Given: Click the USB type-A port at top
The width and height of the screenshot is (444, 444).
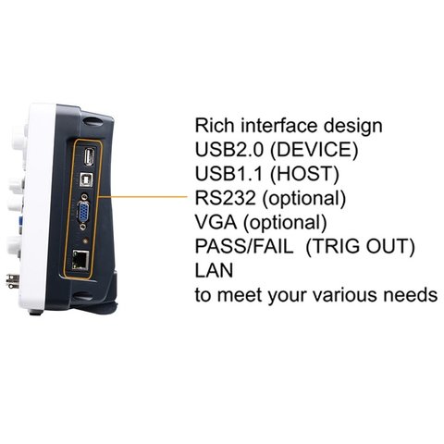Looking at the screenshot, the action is point(90,156).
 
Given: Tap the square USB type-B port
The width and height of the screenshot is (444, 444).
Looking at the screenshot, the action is point(87,179).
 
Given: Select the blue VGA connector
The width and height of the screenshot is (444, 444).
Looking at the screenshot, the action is point(83,211).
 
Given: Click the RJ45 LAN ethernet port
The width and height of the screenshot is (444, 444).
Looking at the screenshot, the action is point(80,260).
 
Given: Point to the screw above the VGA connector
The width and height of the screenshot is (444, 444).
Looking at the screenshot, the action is point(84,196).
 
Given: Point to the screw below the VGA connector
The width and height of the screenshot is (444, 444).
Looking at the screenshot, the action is point(83,227).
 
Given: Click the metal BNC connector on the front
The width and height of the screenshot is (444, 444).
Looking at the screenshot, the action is point(13,281).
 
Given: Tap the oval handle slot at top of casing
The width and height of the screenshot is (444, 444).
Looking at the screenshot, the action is point(92,119).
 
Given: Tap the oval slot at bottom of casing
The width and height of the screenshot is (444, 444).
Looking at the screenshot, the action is point(81,297).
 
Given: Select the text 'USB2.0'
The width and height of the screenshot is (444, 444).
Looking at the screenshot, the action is point(229,149).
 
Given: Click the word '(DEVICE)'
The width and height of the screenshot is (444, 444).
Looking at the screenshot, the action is point(314,150).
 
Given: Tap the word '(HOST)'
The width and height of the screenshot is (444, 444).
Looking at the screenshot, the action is point(304,174).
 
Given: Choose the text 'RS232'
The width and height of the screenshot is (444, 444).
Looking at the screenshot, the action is point(226,198).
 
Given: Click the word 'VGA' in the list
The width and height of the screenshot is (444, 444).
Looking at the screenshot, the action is point(216,222).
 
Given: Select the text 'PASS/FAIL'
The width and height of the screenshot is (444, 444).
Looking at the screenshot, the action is point(244,246).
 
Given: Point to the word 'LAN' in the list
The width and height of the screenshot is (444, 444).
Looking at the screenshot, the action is point(214,270).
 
